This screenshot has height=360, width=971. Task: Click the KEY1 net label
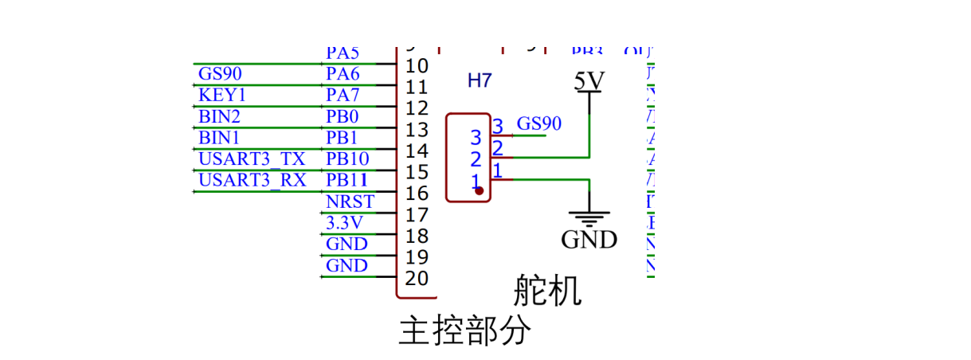click(222, 96)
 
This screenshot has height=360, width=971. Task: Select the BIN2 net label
click(219, 116)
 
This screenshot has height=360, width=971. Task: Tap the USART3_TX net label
click(251, 158)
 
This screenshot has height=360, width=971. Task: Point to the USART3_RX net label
click(252, 180)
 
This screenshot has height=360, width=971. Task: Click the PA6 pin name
click(343, 74)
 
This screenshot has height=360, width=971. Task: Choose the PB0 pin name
click(343, 116)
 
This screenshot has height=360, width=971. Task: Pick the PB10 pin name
click(347, 158)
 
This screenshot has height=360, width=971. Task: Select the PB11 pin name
click(347, 180)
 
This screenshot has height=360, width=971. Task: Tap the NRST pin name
click(350, 202)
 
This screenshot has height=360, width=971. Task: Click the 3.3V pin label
click(344, 222)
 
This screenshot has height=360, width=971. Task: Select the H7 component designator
click(480, 80)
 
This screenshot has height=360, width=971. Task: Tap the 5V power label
click(589, 81)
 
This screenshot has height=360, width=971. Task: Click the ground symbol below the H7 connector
click(589, 217)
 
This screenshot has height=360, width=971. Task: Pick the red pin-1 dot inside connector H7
click(479, 190)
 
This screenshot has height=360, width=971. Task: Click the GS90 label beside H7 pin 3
click(539, 123)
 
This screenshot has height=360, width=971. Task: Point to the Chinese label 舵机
click(547, 292)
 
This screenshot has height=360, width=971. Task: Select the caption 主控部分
click(464, 330)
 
